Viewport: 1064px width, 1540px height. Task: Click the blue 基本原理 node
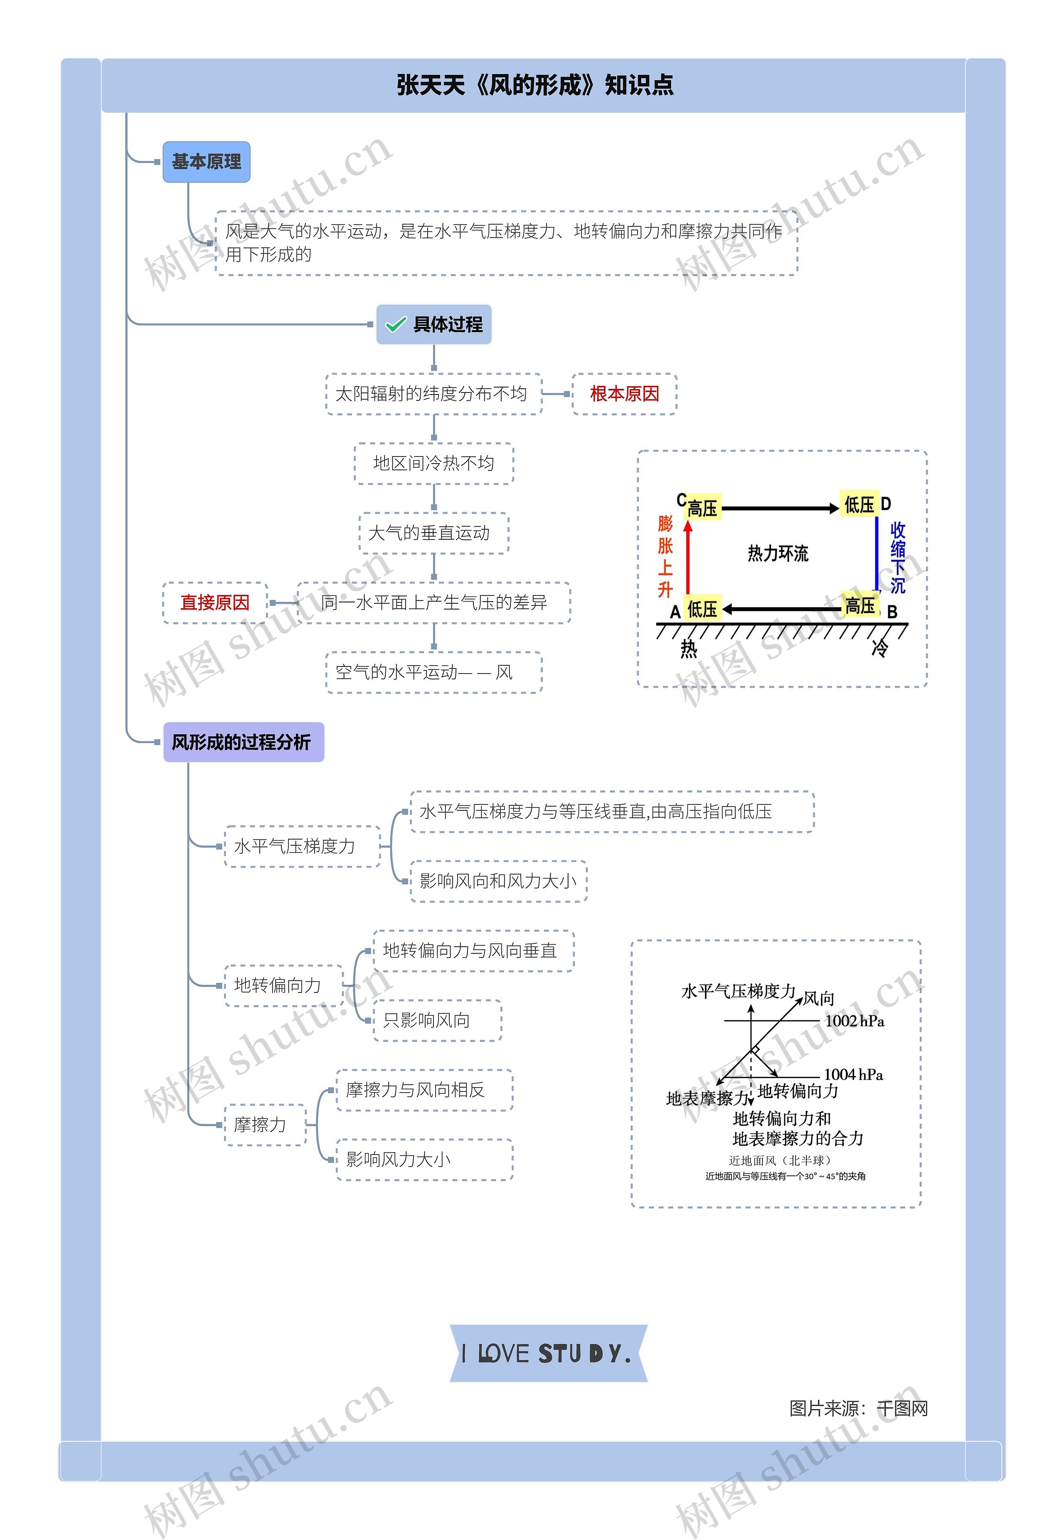pos(206,162)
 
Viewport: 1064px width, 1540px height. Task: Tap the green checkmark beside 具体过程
pos(395,325)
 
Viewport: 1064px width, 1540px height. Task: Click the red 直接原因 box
pos(214,603)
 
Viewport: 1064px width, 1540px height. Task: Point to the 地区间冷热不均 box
pos(433,464)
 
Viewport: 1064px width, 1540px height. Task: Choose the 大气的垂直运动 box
pos(433,533)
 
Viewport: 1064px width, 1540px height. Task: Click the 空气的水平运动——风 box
pos(433,672)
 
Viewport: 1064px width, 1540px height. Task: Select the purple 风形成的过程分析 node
pos(243,742)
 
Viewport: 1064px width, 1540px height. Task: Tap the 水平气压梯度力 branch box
pos(302,847)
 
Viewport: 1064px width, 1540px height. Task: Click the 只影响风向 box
pos(437,1020)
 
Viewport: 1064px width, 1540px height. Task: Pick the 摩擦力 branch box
pos(265,1125)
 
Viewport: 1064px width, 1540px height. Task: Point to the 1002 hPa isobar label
pos(854,1021)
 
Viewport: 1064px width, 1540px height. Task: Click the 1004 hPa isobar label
pos(853,1074)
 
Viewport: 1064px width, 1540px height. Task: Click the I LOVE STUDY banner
pos(548,1353)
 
